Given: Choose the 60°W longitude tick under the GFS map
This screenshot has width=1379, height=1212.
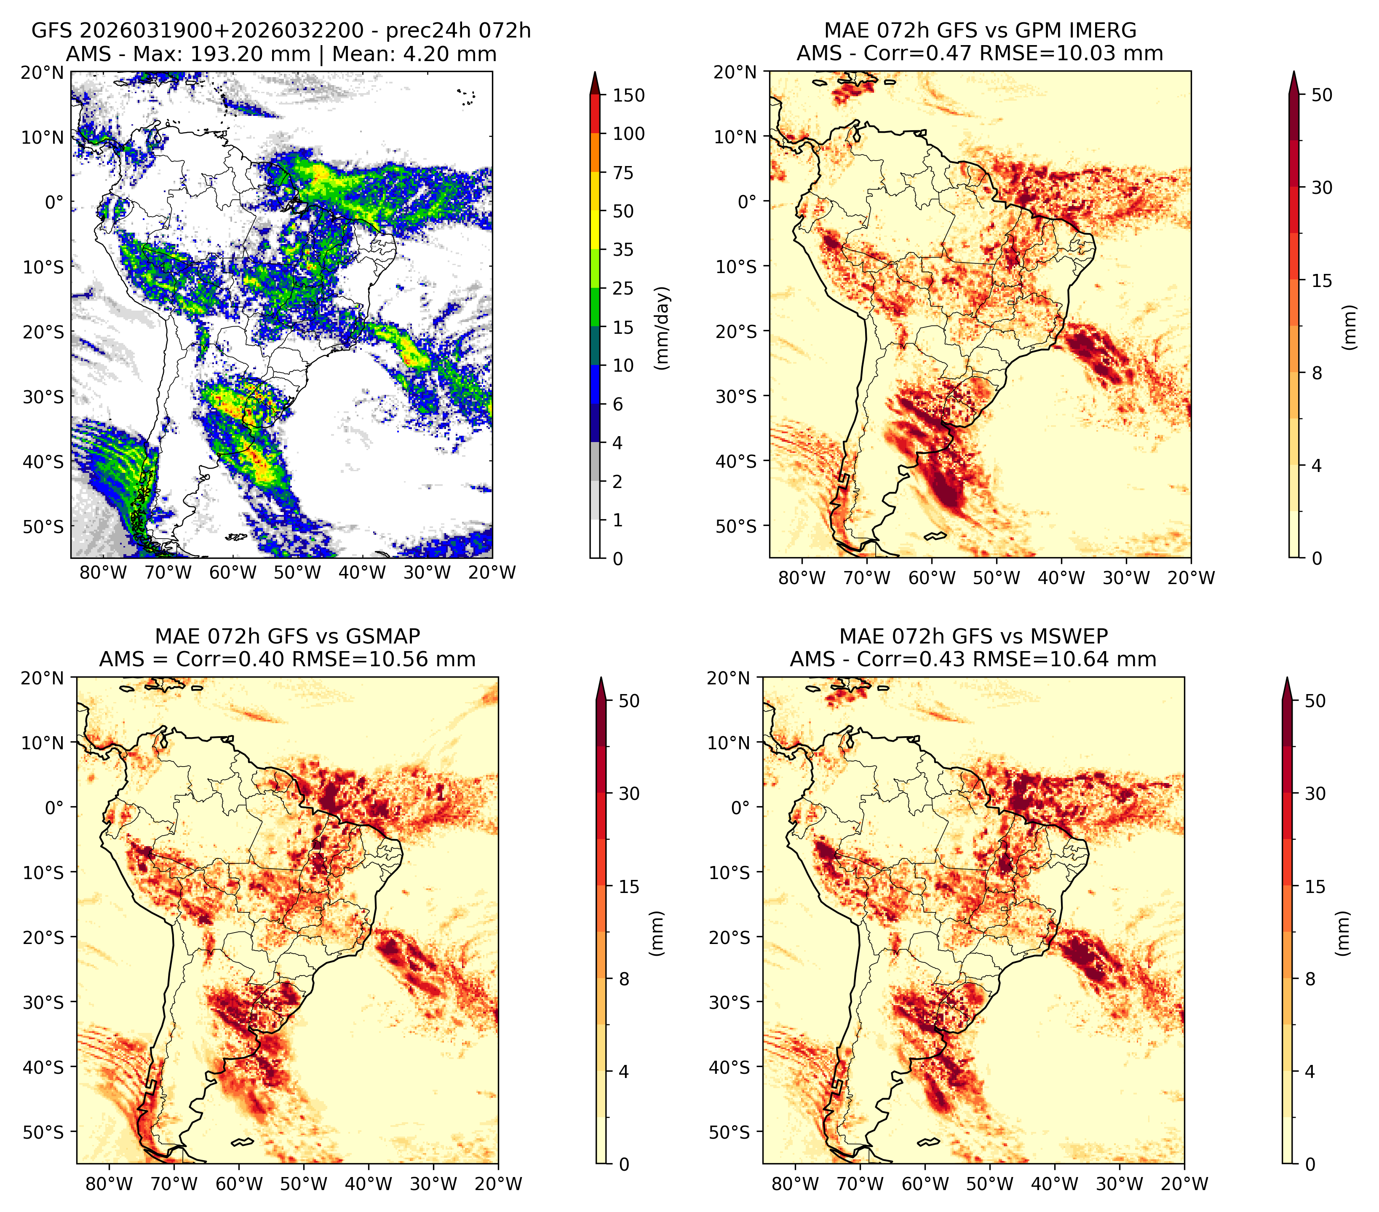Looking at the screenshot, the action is pos(233,572).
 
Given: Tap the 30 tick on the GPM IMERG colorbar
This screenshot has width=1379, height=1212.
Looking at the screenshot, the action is pos(1322,188).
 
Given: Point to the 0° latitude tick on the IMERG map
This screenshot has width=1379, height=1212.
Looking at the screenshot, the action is pos(748,201).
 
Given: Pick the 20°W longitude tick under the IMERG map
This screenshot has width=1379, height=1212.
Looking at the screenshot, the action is pos(1191,578).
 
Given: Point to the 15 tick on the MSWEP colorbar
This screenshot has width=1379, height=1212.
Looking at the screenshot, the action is pos(1315,887).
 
